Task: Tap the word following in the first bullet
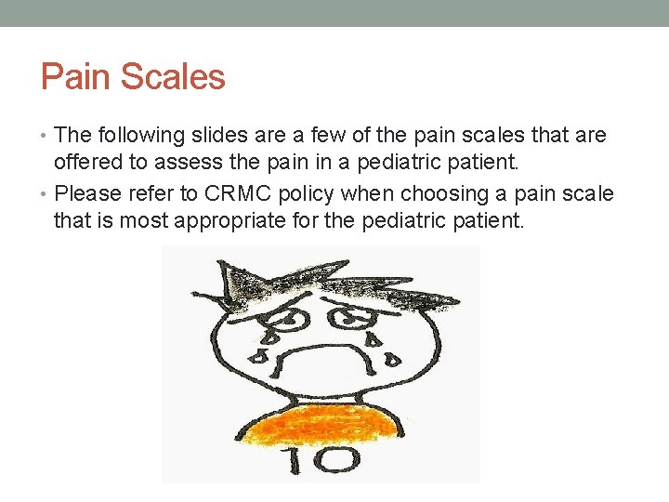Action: click(138, 136)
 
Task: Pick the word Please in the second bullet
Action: click(88, 194)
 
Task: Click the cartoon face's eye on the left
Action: click(290, 318)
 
